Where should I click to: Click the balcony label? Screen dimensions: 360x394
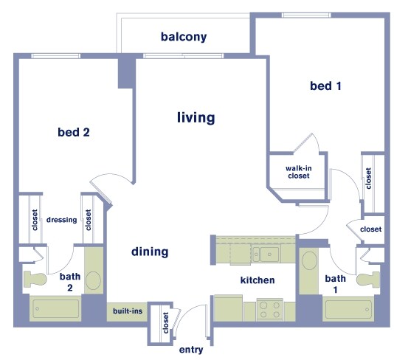pyautogui.click(x=183, y=37)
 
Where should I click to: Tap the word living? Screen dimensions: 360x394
pyautogui.click(x=196, y=117)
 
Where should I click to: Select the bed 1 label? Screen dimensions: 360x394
pyautogui.click(x=325, y=86)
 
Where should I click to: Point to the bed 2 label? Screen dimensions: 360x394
pyautogui.click(x=73, y=133)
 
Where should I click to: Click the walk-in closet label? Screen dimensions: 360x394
pyautogui.click(x=297, y=172)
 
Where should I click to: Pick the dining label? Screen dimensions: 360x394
pyautogui.click(x=150, y=252)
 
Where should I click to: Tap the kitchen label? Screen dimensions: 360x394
pyautogui.click(x=257, y=280)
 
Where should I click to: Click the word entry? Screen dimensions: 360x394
pyautogui.click(x=191, y=350)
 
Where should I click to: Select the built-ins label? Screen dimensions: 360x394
pyautogui.click(x=128, y=312)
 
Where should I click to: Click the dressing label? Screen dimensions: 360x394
pyautogui.click(x=62, y=220)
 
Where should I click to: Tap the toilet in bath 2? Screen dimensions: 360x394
pyautogui.click(x=35, y=279)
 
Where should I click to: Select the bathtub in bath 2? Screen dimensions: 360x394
pyautogui.click(x=55, y=308)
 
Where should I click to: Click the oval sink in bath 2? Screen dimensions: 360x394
pyautogui.click(x=94, y=280)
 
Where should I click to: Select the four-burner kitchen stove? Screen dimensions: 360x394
pyautogui.click(x=269, y=309)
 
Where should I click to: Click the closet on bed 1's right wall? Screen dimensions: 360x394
pyautogui.click(x=367, y=176)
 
